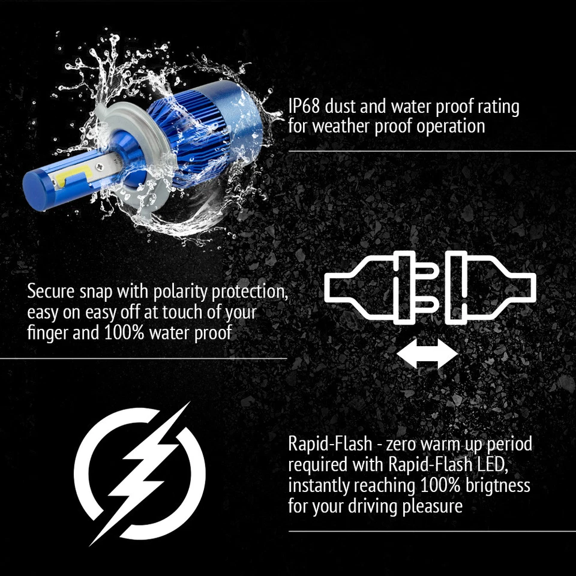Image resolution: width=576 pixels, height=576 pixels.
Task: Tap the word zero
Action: point(407,445)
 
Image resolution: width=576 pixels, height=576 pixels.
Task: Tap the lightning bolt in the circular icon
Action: point(140,473)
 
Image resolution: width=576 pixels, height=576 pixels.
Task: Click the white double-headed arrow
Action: point(427,353)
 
